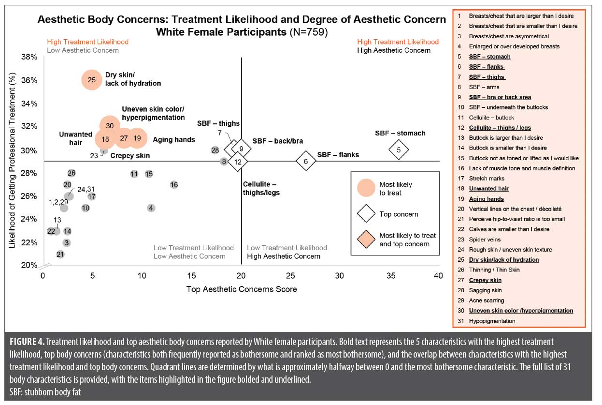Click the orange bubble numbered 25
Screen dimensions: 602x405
coord(92,80)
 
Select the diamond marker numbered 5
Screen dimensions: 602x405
coord(399,150)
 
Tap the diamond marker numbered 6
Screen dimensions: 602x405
coord(306,161)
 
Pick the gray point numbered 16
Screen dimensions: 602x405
coord(174,185)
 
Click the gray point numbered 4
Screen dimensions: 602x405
coord(151,208)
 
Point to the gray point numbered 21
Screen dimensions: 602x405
coord(60,255)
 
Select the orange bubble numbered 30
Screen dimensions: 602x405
coord(110,126)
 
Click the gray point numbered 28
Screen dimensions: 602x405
coord(215,150)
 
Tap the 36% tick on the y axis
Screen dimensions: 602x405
coord(29,80)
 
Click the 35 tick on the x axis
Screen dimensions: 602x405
coord(391,275)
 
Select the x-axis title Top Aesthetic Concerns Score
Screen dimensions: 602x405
coord(242,289)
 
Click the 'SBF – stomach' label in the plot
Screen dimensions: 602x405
coord(400,133)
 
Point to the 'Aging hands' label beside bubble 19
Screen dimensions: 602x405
coord(174,140)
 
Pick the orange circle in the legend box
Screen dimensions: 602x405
coord(366,188)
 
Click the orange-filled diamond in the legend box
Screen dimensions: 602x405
coord(366,239)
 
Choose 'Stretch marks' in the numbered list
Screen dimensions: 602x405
coord(487,179)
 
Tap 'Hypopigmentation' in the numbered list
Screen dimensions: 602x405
coord(492,321)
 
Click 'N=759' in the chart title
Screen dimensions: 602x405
coord(309,32)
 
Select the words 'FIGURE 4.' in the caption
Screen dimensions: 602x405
coord(27,342)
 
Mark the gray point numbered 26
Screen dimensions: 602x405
coord(72,173)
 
